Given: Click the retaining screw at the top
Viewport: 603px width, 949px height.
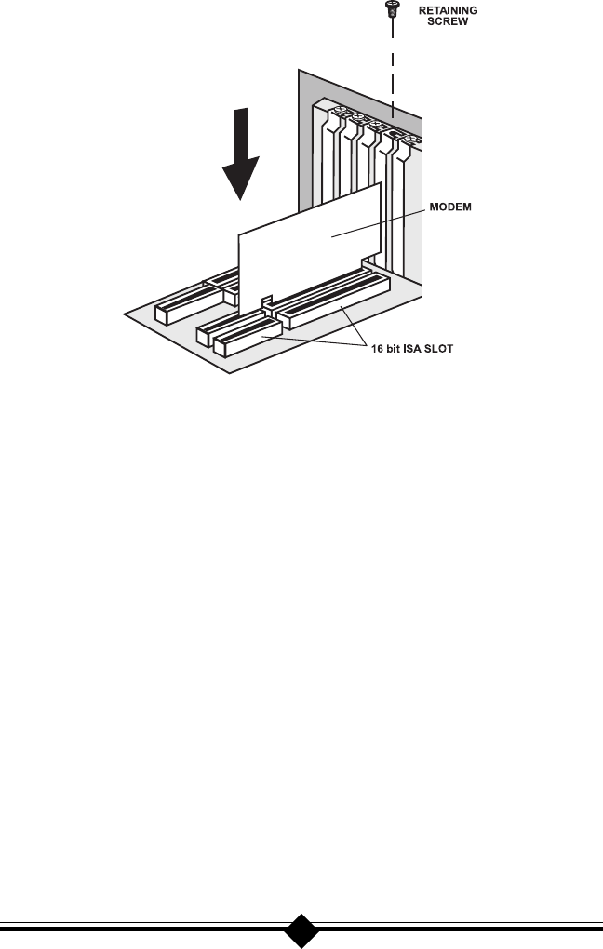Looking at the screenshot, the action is point(392,11).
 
